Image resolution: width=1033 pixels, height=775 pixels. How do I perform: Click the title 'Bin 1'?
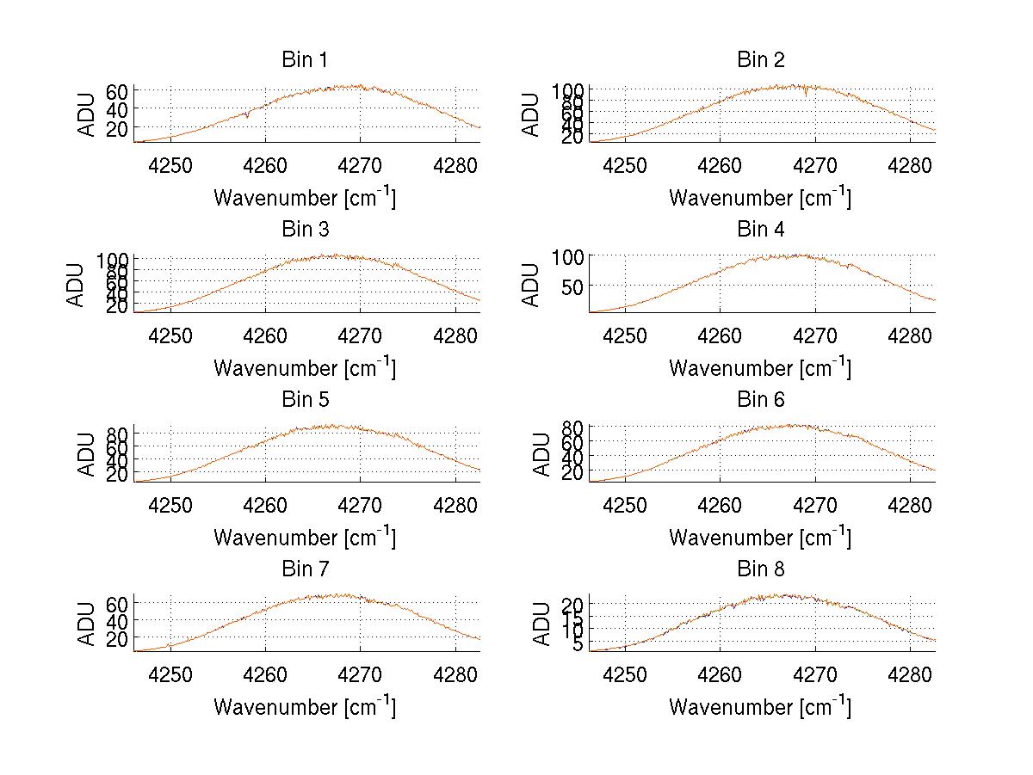(304, 60)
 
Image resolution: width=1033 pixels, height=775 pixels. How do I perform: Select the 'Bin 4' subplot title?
(760, 230)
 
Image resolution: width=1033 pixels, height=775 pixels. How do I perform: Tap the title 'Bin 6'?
(760, 399)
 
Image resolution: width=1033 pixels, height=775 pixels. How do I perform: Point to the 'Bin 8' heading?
(760, 569)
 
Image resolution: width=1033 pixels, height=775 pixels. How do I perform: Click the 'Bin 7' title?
(304, 569)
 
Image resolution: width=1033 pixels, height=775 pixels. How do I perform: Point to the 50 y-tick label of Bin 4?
(572, 286)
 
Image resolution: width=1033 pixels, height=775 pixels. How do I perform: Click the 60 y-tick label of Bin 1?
(117, 91)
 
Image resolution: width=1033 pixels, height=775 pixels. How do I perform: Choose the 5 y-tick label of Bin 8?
(578, 644)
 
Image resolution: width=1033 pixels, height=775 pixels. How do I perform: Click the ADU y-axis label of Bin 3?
(77, 285)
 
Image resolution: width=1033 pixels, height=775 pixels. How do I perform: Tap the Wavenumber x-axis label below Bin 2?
(760, 197)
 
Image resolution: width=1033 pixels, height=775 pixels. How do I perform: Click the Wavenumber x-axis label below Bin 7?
(304, 706)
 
